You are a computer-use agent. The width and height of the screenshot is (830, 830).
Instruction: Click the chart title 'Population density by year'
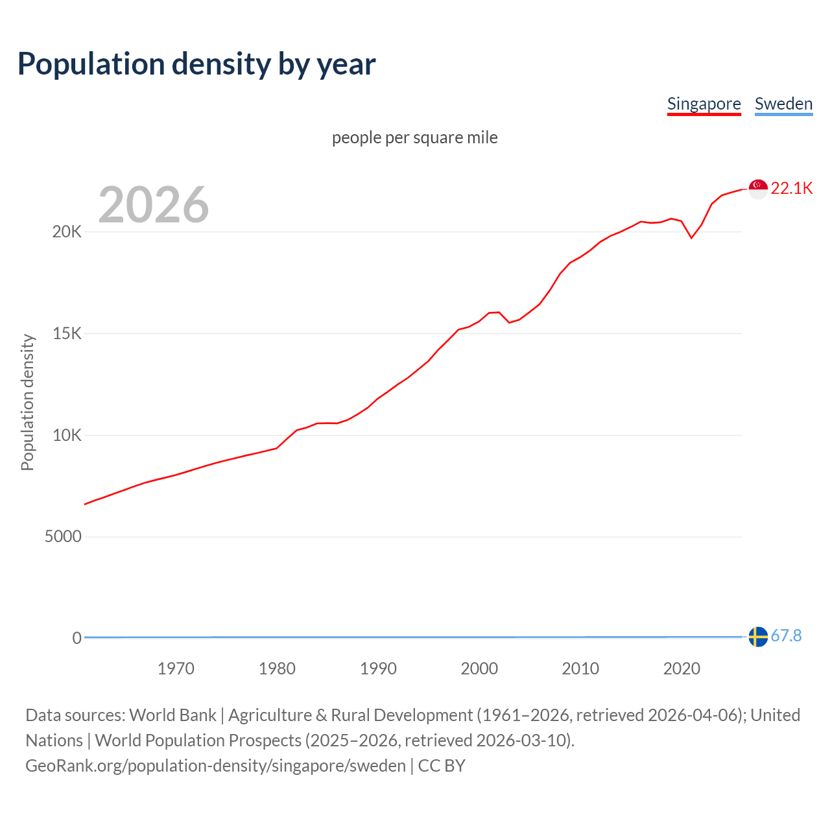coord(196,64)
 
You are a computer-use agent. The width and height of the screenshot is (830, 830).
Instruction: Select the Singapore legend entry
coord(704,104)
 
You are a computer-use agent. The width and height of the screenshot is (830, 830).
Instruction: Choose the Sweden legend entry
coord(783,104)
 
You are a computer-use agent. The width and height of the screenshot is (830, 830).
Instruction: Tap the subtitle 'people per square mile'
coord(415,137)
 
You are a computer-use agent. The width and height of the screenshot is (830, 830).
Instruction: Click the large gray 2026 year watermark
coord(154,205)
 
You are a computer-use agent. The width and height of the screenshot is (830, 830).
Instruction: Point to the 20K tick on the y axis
coord(67,232)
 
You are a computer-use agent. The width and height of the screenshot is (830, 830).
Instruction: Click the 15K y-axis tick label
coord(67,334)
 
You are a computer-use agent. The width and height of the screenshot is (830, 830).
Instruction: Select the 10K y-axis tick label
coord(67,435)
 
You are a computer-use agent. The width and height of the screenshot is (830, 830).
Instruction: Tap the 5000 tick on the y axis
coord(63,537)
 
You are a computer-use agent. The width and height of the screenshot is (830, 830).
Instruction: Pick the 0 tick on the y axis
coord(77,638)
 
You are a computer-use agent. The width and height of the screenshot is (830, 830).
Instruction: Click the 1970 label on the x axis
coord(176,669)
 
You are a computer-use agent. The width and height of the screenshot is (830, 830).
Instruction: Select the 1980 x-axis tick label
coord(277,669)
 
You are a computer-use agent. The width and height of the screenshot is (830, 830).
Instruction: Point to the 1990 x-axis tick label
coord(378,669)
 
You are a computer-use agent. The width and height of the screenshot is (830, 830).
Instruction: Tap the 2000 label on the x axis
coord(479,669)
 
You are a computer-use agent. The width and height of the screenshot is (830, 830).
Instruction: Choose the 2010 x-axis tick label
coord(580,669)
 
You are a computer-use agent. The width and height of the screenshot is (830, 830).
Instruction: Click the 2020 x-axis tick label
coord(682,669)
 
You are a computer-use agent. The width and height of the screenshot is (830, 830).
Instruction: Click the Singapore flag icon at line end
coord(758,189)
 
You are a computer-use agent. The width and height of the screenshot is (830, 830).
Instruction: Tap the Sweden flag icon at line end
coord(758,637)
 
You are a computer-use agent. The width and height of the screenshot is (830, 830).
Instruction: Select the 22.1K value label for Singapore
coord(792,188)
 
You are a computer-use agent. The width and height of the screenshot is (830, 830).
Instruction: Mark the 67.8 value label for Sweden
coord(787,636)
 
